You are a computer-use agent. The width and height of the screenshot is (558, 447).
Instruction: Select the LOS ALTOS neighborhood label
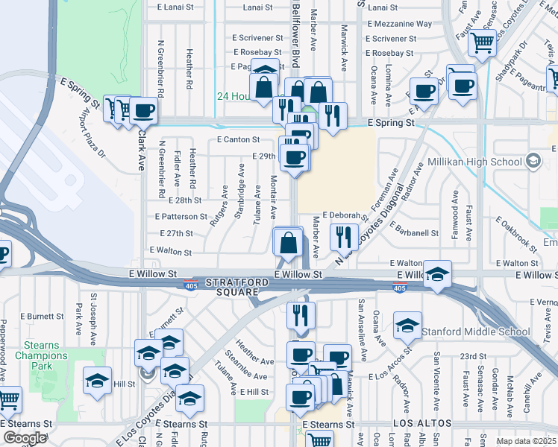422,423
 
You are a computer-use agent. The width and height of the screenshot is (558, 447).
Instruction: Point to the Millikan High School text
474,162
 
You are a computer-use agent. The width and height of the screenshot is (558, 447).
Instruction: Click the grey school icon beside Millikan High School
533,160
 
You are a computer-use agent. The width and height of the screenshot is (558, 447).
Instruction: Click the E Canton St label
238,139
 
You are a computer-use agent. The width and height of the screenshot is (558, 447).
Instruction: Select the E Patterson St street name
181,216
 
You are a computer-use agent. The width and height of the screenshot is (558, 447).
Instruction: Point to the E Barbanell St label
413,232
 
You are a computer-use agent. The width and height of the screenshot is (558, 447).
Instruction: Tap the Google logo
25,438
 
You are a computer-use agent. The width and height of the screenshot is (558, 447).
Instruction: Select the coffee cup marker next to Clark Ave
143,112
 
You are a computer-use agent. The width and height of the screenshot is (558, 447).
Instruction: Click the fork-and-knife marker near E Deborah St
344,238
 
